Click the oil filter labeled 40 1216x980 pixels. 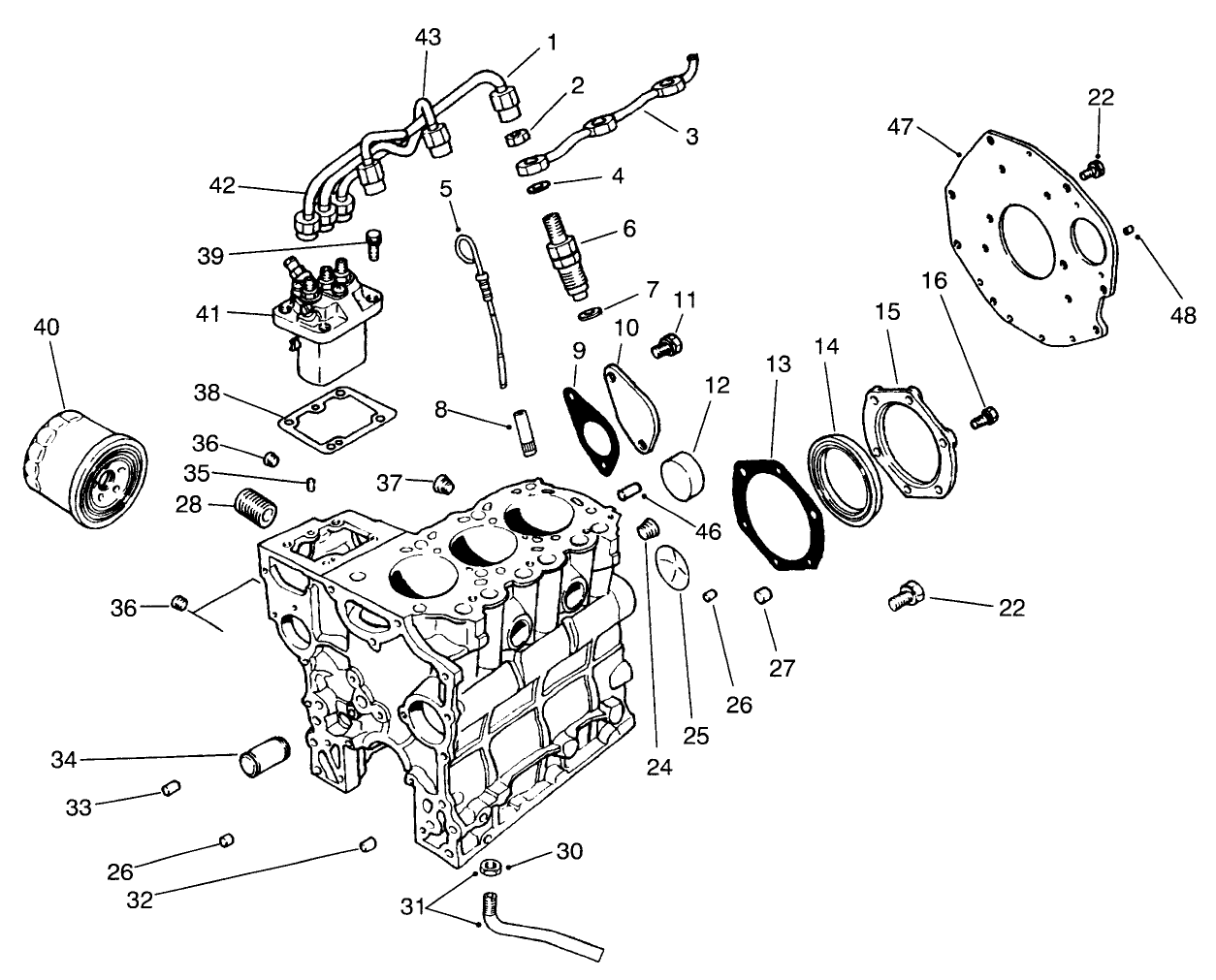coord(83,467)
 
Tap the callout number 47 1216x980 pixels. coord(902,127)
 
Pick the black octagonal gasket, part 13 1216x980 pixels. coord(779,516)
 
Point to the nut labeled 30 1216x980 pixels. coord(491,867)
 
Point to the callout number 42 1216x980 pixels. coord(222,186)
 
